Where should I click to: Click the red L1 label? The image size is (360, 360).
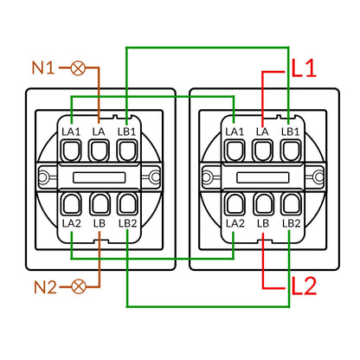point(304,68)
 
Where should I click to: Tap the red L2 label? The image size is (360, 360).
point(304,286)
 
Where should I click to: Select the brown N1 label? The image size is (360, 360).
point(43,68)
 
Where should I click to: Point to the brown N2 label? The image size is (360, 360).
point(45,287)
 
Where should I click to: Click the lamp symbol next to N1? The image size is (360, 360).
point(78,68)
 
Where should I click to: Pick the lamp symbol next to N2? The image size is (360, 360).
point(79,286)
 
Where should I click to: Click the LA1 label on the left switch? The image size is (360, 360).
point(71,132)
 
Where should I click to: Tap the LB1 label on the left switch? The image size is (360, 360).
point(126,132)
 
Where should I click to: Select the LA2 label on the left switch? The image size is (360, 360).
point(72,223)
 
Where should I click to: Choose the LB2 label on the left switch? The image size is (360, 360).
point(127,223)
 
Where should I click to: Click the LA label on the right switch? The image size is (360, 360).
point(262,132)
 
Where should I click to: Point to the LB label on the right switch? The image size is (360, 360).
point(263,223)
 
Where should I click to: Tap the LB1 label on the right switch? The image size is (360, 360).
point(291,132)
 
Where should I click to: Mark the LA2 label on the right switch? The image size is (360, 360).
point(235,223)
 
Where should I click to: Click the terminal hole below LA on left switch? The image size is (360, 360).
point(99,151)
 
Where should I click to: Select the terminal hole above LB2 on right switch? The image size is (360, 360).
point(292,204)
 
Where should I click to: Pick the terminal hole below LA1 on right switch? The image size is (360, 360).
point(235,151)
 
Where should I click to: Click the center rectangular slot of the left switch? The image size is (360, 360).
point(99,177)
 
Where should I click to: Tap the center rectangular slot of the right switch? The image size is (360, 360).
point(263,177)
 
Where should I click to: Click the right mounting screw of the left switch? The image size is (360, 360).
point(155,177)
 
